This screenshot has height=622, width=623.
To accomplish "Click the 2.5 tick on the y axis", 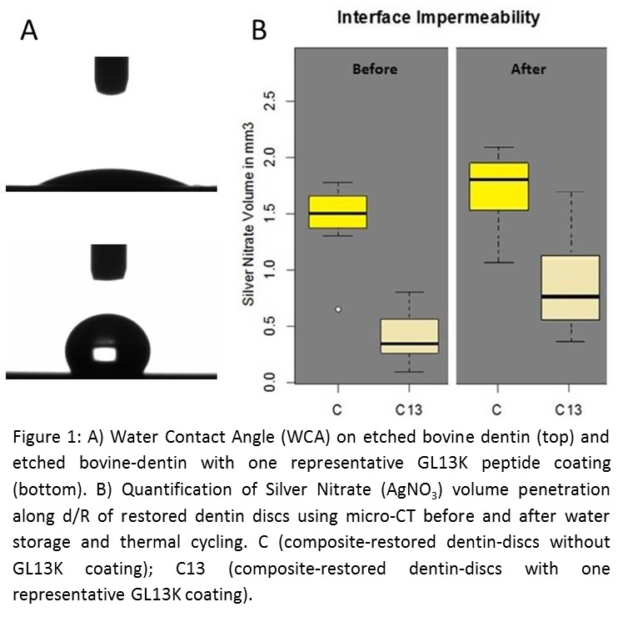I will click(270, 101).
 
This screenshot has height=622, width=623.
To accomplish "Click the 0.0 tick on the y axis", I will click(270, 384).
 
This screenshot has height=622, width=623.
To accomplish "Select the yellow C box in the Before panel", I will click(338, 212).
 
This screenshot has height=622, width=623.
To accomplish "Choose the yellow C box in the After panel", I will click(498, 186).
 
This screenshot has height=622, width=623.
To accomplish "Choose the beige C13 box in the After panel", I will click(569, 288).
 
